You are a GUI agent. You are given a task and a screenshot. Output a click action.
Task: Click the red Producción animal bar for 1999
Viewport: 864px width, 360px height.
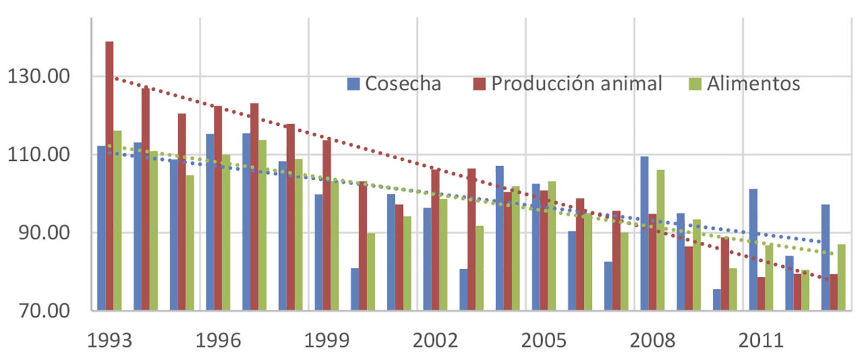point(327,225)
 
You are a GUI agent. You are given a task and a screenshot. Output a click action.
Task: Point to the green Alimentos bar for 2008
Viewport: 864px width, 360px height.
point(660,240)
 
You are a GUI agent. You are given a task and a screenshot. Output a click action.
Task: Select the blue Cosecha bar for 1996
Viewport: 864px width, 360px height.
point(210,222)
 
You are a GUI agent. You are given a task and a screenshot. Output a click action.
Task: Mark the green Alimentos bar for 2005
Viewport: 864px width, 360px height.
point(552,246)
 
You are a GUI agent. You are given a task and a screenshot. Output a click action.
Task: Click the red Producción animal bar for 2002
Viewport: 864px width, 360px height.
point(435,240)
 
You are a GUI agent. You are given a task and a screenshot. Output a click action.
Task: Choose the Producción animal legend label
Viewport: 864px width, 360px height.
point(576,84)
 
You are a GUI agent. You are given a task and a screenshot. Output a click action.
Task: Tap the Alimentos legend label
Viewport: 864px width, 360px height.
point(753,84)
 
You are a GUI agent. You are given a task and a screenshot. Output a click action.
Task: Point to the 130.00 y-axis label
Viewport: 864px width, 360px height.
point(39,76)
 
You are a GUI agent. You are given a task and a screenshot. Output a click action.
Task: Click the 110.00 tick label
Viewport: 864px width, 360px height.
point(39,154)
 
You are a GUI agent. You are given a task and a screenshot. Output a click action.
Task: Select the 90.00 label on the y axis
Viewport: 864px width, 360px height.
point(44,233)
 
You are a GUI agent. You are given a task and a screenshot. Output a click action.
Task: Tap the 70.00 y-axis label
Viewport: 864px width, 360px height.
point(44,311)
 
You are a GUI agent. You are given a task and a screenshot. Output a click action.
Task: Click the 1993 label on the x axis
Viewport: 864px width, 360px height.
point(110,341)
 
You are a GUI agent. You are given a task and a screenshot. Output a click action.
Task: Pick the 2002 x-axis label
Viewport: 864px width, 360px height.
point(435,341)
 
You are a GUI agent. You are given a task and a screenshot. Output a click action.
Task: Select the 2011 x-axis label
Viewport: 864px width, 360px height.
point(761,341)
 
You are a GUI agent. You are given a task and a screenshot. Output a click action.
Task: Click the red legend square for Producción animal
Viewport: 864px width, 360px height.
point(479,84)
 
